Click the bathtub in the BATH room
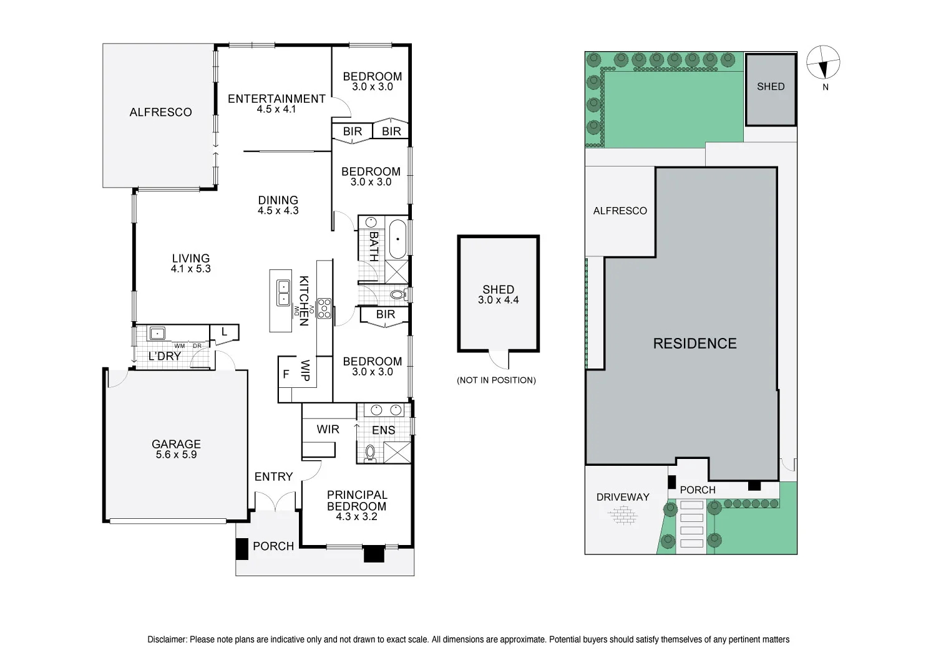(x=398, y=239)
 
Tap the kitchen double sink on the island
(x=283, y=292)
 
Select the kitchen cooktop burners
(x=324, y=309)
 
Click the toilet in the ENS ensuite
(x=370, y=453)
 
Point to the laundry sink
(x=157, y=333)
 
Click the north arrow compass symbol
(x=823, y=62)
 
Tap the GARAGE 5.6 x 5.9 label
(x=177, y=450)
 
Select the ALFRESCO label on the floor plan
(x=161, y=112)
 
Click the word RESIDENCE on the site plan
(x=695, y=343)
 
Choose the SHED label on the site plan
(x=771, y=87)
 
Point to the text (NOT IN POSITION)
(x=497, y=380)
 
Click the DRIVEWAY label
(x=623, y=497)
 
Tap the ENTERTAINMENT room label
(x=276, y=99)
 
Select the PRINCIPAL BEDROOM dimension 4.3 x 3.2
(x=356, y=516)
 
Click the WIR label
(x=328, y=429)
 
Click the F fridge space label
(x=286, y=374)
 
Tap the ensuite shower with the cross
(x=397, y=452)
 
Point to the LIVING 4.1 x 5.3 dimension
(x=190, y=269)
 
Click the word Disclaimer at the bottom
(x=167, y=640)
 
